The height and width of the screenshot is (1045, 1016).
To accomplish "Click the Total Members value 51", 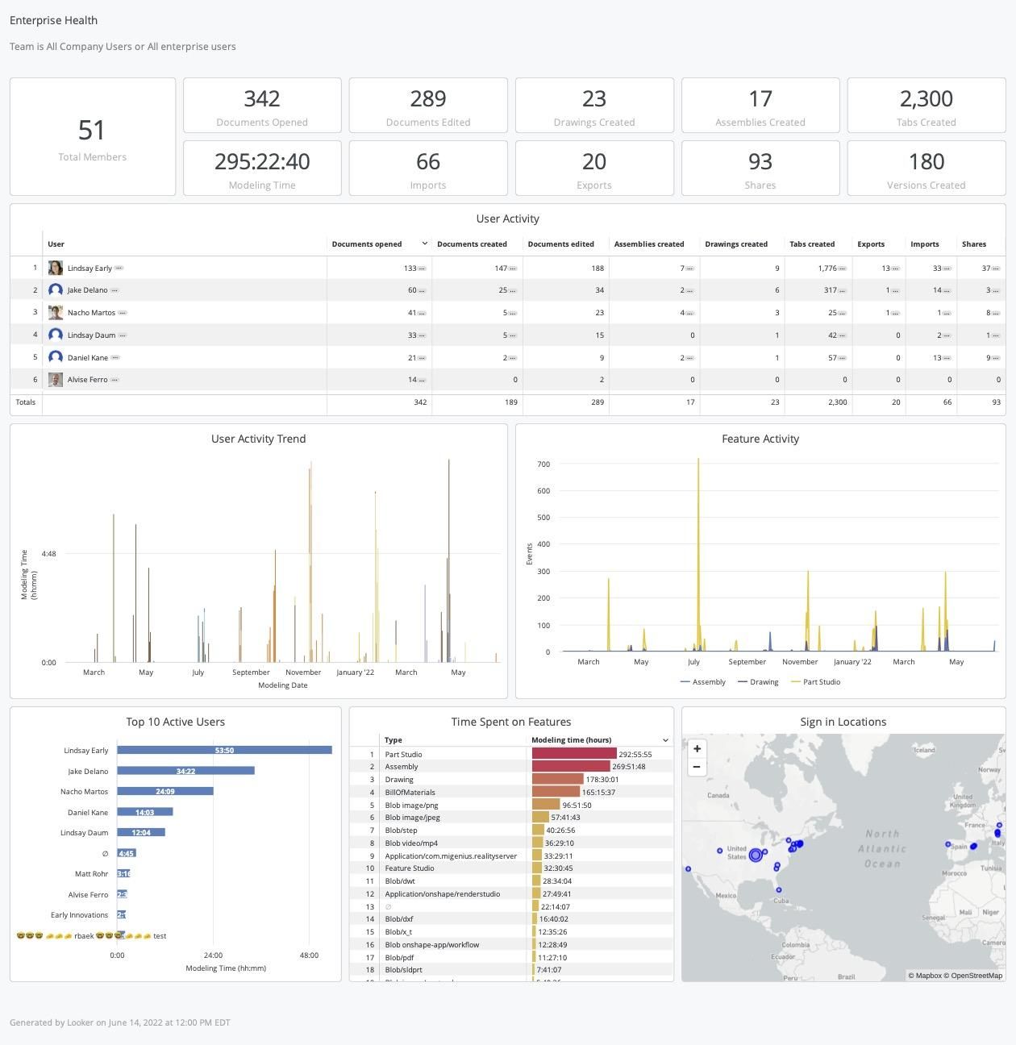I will [x=92, y=131].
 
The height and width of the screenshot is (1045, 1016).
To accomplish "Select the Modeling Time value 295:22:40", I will [x=262, y=162].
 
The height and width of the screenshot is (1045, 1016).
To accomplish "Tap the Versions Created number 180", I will [x=926, y=162].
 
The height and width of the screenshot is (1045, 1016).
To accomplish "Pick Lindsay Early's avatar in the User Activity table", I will [x=56, y=268].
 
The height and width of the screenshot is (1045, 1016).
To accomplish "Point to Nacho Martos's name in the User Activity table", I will [x=91, y=313].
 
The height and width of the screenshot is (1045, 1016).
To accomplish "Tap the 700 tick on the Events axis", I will [x=543, y=464].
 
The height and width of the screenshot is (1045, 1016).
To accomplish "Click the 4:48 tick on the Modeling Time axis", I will [x=48, y=554].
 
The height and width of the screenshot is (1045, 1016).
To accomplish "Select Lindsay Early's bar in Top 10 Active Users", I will [x=224, y=751].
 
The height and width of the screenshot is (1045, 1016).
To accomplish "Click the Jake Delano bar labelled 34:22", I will [x=185, y=772].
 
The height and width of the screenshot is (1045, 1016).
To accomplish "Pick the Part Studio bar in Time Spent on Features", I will [x=574, y=755].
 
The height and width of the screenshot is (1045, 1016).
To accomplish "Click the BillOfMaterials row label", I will [x=410, y=793].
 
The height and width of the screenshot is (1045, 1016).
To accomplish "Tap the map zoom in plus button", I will [x=697, y=749].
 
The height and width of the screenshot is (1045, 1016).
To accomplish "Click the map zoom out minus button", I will [x=697, y=767].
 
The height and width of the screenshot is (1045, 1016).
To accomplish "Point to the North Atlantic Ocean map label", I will [x=881, y=848].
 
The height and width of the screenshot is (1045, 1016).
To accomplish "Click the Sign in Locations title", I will [x=843, y=722].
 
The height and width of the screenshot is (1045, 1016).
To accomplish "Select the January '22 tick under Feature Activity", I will [x=852, y=662].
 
